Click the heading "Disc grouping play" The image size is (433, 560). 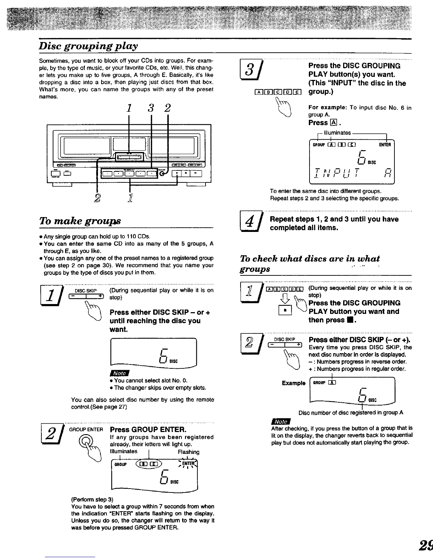(x=88, y=46)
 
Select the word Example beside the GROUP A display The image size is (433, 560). (x=293, y=383)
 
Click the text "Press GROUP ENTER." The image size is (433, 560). (x=148, y=430)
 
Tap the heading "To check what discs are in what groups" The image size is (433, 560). (x=310, y=263)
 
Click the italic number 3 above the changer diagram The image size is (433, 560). (x=151, y=107)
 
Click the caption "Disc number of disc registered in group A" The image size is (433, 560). (x=351, y=413)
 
